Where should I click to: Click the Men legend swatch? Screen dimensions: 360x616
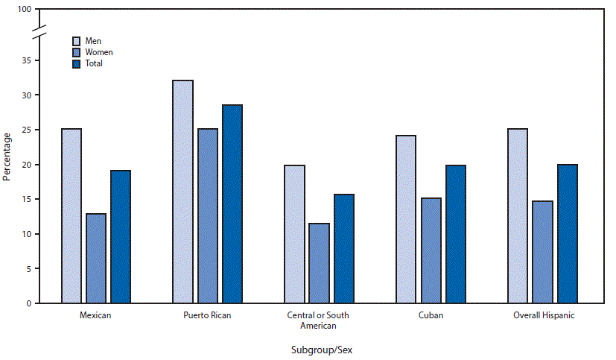click(77, 41)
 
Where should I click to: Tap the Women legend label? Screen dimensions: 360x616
click(98, 52)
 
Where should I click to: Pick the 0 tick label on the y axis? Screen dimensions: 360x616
click(27, 304)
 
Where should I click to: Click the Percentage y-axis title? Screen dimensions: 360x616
click(7, 157)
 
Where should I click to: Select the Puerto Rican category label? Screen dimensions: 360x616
click(207, 315)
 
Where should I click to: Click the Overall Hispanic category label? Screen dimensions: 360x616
click(544, 315)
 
